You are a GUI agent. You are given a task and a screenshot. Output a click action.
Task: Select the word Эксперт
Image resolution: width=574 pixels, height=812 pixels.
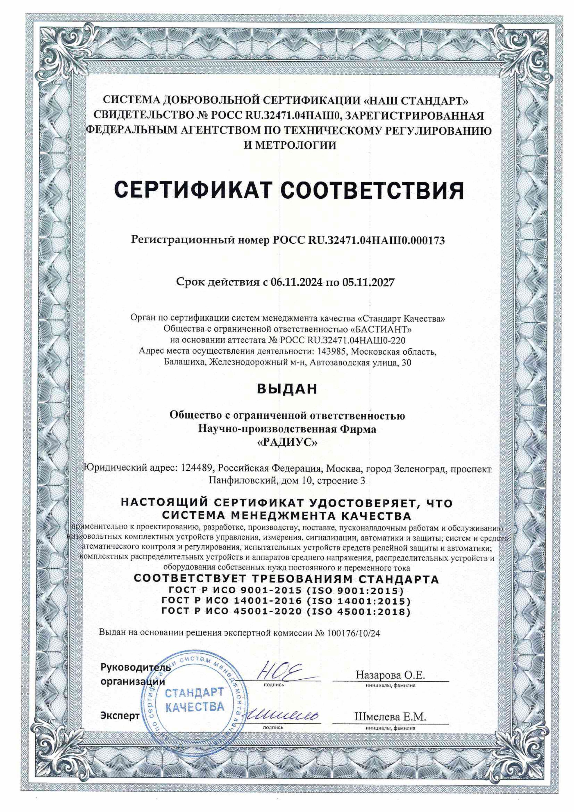pyautogui.click(x=120, y=716)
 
